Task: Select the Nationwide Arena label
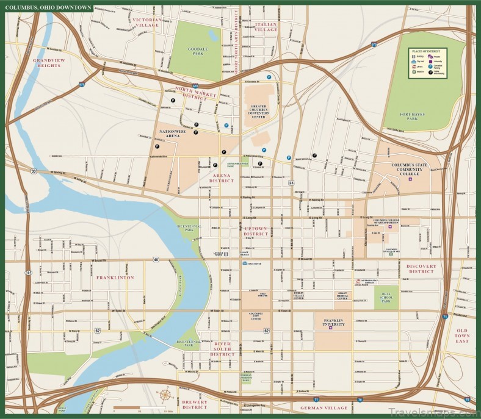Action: [168, 134]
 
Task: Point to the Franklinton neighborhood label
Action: [114, 278]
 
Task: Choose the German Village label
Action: [323, 406]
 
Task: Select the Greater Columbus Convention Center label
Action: [258, 112]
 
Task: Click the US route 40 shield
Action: [156, 260]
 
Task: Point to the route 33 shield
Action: [34, 171]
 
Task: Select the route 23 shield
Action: [292, 182]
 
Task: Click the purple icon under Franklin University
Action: [330, 328]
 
